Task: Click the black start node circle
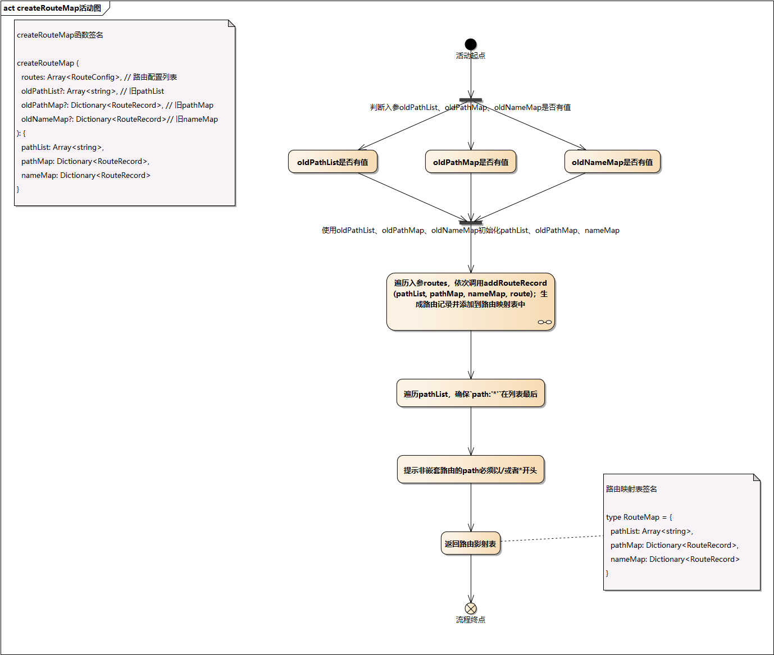471,44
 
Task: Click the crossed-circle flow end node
471,608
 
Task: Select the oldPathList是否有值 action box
333,162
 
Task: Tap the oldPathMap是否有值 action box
471,162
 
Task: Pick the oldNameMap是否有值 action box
612,162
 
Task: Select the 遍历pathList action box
471,393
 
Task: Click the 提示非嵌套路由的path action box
471,470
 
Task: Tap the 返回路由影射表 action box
471,543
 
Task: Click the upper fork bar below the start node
471,100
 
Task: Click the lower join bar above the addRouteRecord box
471,223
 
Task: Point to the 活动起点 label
471,56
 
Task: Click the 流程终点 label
471,620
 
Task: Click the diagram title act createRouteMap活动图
52,8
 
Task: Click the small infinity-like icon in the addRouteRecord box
545,322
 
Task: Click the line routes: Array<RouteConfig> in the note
99,77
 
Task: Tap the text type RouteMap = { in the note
639,517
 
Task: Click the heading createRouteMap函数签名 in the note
60,35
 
